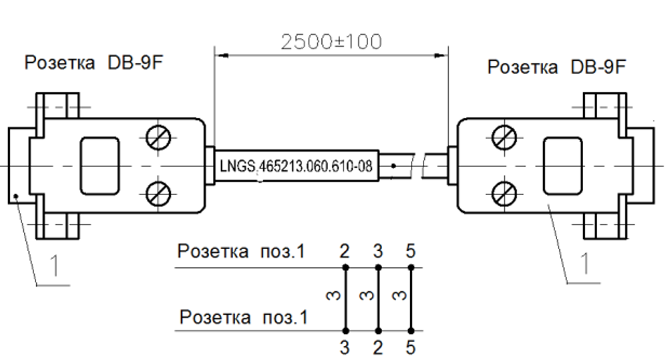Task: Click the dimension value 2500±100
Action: tap(331, 41)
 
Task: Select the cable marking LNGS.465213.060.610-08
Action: tap(295, 165)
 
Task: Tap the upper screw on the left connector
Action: tap(160, 139)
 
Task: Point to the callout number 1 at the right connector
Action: tap(584, 264)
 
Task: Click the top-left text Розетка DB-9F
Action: tap(94, 63)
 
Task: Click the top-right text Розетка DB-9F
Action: tap(557, 67)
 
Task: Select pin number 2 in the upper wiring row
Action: tap(345, 252)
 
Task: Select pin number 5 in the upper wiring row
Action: tap(410, 252)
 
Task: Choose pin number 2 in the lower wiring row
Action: tap(377, 347)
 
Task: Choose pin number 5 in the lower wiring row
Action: tap(410, 347)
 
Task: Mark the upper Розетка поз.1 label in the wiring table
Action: tap(240, 252)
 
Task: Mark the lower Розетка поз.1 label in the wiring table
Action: tap(244, 317)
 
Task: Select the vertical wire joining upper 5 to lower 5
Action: tap(410, 299)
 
